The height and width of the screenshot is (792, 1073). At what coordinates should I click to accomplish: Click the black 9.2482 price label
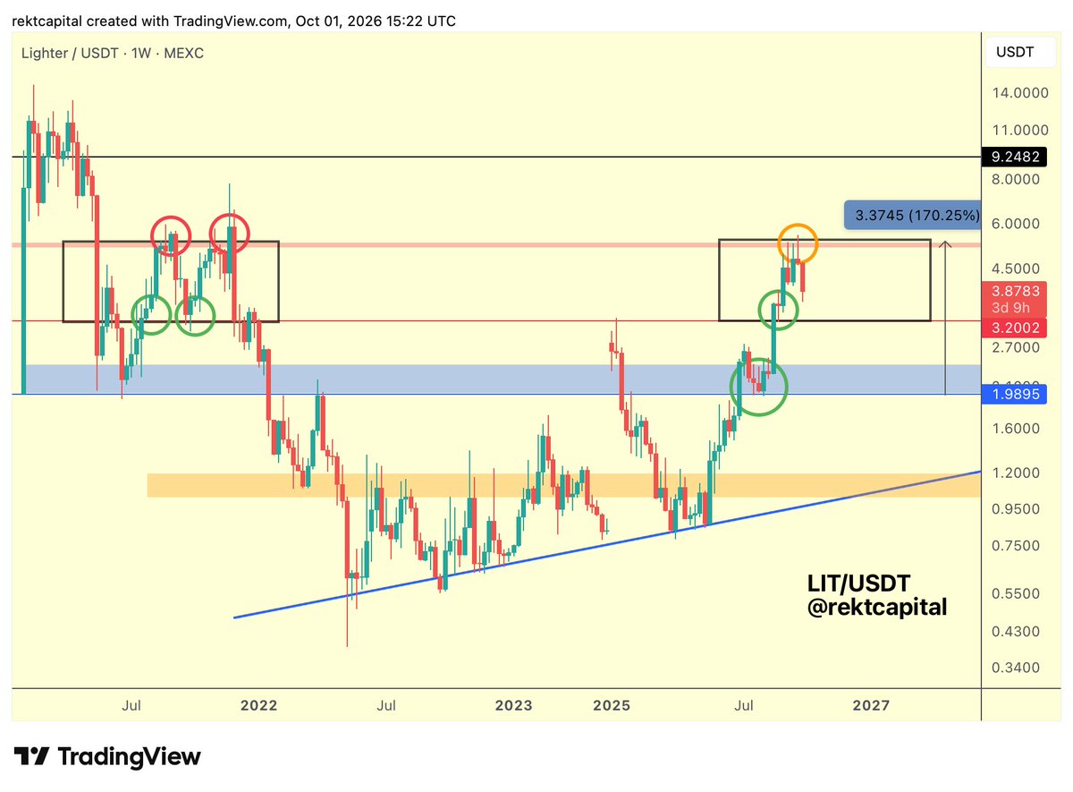pos(1014,157)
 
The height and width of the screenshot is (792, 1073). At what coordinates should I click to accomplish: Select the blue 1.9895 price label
pos(1014,394)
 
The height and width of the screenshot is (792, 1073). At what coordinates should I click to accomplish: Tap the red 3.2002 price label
pos(1014,328)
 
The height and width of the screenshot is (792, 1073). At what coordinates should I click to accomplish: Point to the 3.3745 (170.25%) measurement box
pos(913,216)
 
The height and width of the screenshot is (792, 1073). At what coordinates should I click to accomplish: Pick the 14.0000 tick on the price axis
pos(1020,93)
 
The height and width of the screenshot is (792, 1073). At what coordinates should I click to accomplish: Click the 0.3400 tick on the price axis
pos(1016,668)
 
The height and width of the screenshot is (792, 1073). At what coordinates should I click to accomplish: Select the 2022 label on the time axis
pos(258,705)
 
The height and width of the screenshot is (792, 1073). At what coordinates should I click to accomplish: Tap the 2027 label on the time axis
pos(871,705)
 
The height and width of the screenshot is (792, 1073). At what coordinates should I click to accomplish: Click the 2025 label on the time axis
pos(612,705)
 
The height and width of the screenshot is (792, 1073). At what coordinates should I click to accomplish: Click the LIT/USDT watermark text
pos(858,583)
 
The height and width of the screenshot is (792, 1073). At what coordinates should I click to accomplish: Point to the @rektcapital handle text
pos(877,608)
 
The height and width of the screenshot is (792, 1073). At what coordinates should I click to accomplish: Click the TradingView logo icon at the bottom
pos(31,756)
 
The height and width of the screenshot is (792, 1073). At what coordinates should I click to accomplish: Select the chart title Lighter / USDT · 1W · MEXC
pos(113,53)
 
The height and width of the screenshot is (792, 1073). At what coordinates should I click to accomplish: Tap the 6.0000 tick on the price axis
pos(1016,224)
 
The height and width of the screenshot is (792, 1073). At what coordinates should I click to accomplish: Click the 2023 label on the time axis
pos(513,705)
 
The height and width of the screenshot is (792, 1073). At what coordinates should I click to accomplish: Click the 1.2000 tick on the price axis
pos(1016,473)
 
